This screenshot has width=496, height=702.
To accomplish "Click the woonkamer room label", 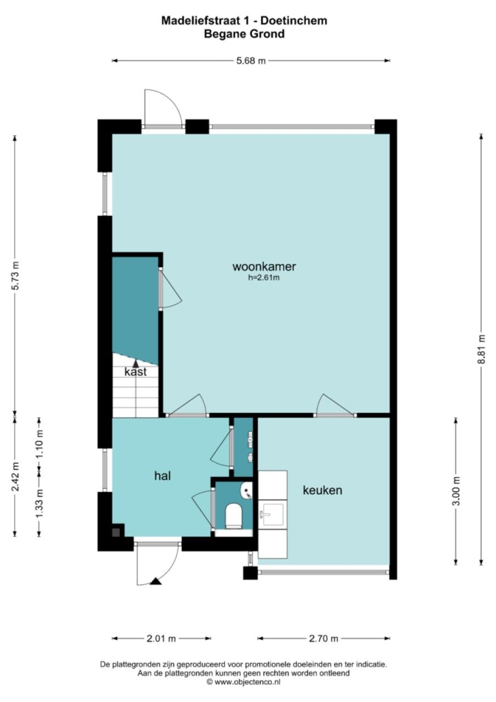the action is [x=264, y=267].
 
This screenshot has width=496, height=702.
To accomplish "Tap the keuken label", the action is [x=322, y=490].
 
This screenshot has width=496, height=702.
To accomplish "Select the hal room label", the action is [x=163, y=476].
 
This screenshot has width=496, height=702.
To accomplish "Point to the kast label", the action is [x=136, y=372].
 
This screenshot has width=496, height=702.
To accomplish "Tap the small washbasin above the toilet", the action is [x=246, y=491].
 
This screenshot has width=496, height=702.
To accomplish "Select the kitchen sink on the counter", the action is [x=271, y=514].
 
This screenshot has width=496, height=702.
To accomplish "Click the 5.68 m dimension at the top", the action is [x=251, y=61].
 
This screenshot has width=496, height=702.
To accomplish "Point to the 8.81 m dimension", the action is [x=482, y=349].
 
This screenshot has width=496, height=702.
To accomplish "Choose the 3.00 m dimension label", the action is [x=456, y=491].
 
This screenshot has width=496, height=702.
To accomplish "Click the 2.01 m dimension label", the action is [x=161, y=639].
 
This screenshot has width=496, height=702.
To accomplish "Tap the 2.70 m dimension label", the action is [x=324, y=639].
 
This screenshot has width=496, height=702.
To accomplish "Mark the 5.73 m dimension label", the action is [x=15, y=275].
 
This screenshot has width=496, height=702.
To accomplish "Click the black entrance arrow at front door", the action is [x=156, y=581].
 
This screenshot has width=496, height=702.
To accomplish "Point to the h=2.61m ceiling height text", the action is [x=264, y=278].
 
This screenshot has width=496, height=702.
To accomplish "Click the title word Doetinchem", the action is [x=294, y=20].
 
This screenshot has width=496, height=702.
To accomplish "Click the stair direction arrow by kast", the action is [x=135, y=363].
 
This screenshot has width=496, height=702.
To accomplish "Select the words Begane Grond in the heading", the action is [x=245, y=33].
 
